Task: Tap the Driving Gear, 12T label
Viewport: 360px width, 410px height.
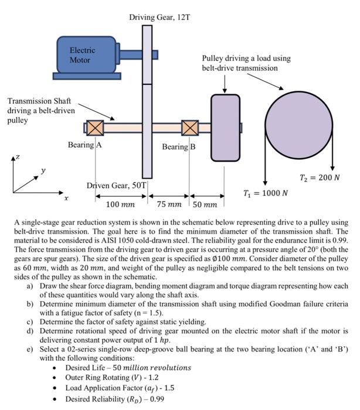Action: point(159,18)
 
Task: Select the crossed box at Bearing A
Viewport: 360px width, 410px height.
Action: point(95,128)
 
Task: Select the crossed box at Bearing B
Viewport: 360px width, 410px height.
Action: point(190,128)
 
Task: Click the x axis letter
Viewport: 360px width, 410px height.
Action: point(66,199)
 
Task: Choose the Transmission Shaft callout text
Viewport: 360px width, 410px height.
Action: point(38,111)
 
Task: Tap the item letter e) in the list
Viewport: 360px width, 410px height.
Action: point(30,349)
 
